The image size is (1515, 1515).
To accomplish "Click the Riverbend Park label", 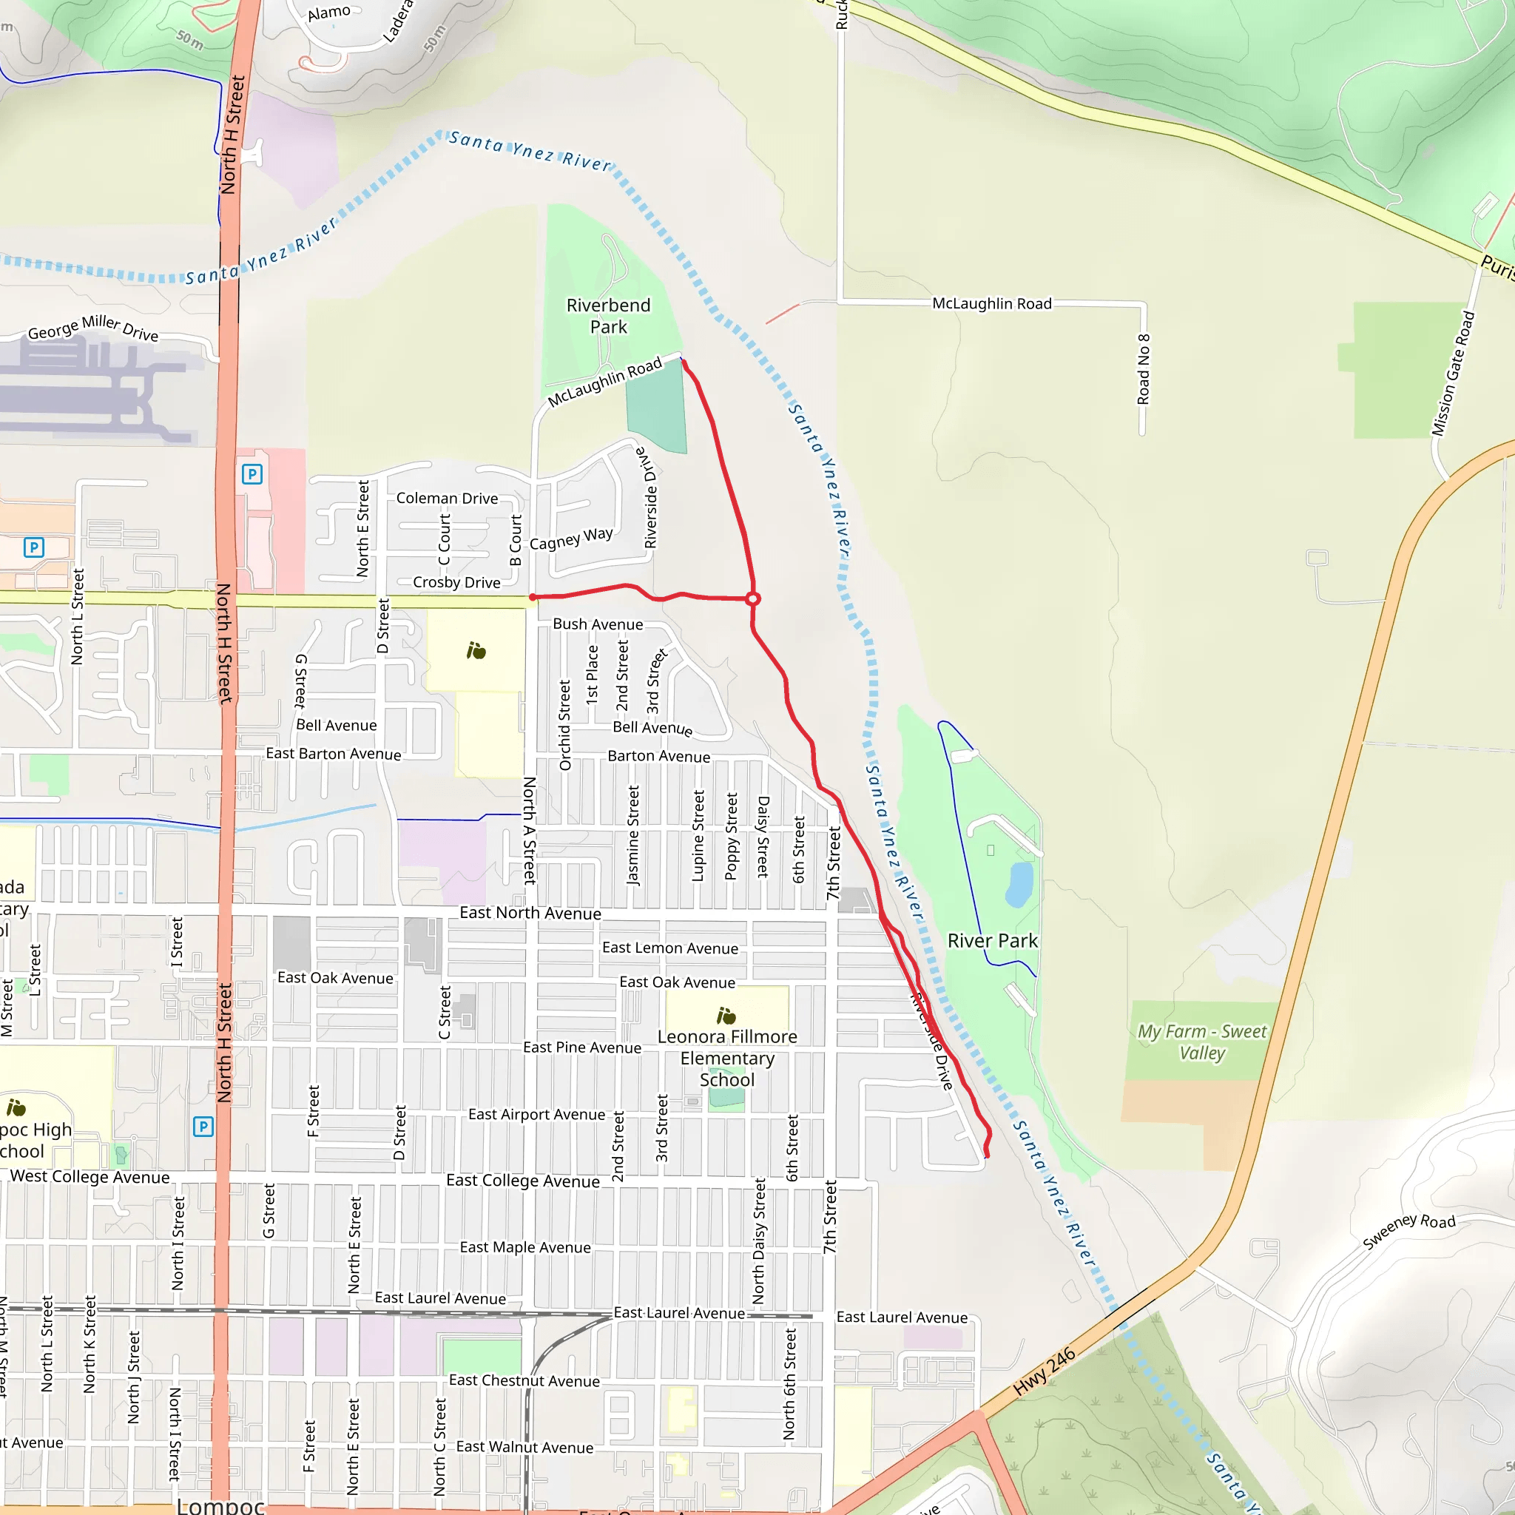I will pyautogui.click(x=609, y=316).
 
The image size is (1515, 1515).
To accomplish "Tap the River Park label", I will pyautogui.click(x=992, y=941).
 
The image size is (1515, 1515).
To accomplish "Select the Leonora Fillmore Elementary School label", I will pyautogui.click(x=727, y=1058).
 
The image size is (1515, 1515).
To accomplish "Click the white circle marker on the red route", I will pyautogui.click(x=753, y=599).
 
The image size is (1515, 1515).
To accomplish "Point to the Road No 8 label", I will pyautogui.click(x=1144, y=369).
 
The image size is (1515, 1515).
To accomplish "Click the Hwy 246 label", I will pyautogui.click(x=1044, y=1372).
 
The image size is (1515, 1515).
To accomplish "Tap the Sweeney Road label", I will pyautogui.click(x=1408, y=1232).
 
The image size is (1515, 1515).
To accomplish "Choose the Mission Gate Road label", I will pyautogui.click(x=1453, y=374).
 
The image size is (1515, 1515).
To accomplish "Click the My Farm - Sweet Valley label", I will pyautogui.click(x=1202, y=1042).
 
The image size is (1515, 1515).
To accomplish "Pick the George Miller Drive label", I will pyautogui.click(x=93, y=328).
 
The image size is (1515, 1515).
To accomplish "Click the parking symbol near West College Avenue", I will pyautogui.click(x=203, y=1127).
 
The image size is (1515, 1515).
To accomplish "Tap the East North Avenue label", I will pyautogui.click(x=530, y=913).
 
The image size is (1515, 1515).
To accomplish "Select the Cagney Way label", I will pyautogui.click(x=571, y=539).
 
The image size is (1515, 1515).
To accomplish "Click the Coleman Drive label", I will pyautogui.click(x=447, y=498).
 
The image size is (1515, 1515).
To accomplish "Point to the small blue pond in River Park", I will pyautogui.click(x=1019, y=884).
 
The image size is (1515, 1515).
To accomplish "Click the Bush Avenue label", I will pyautogui.click(x=598, y=624).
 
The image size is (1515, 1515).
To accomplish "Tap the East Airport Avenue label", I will pyautogui.click(x=536, y=1114).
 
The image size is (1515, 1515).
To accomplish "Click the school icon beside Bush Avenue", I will pyautogui.click(x=476, y=650).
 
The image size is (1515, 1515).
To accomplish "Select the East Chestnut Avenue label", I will pyautogui.click(x=524, y=1381).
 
